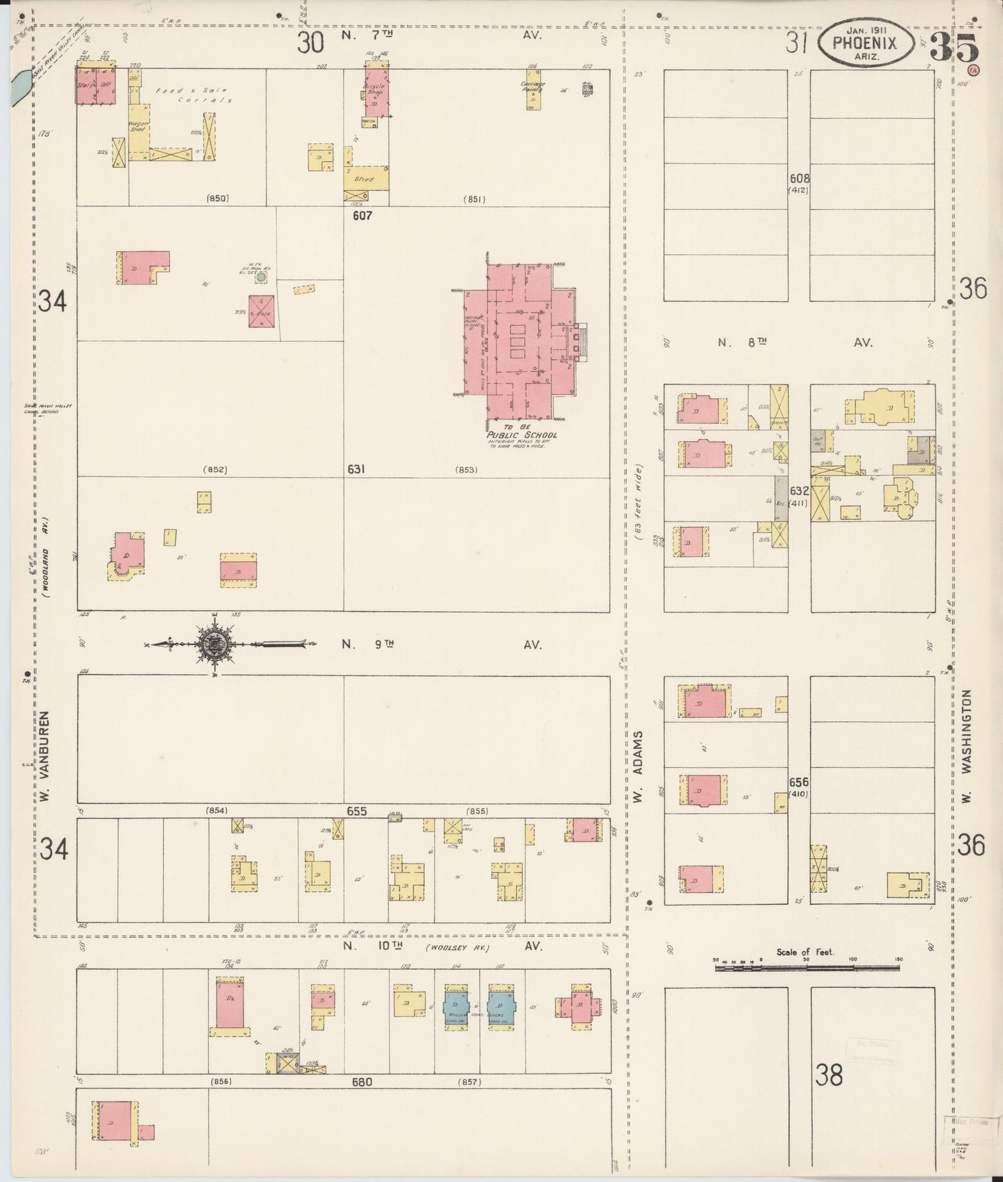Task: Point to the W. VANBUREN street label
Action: click(x=46, y=764)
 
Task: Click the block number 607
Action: click(x=362, y=216)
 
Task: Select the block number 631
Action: click(x=357, y=469)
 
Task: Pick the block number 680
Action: click(x=362, y=1082)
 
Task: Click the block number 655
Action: click(x=357, y=811)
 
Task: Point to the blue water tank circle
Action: click(x=261, y=277)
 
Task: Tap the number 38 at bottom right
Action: click(x=829, y=1074)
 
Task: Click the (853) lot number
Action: click(x=466, y=470)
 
